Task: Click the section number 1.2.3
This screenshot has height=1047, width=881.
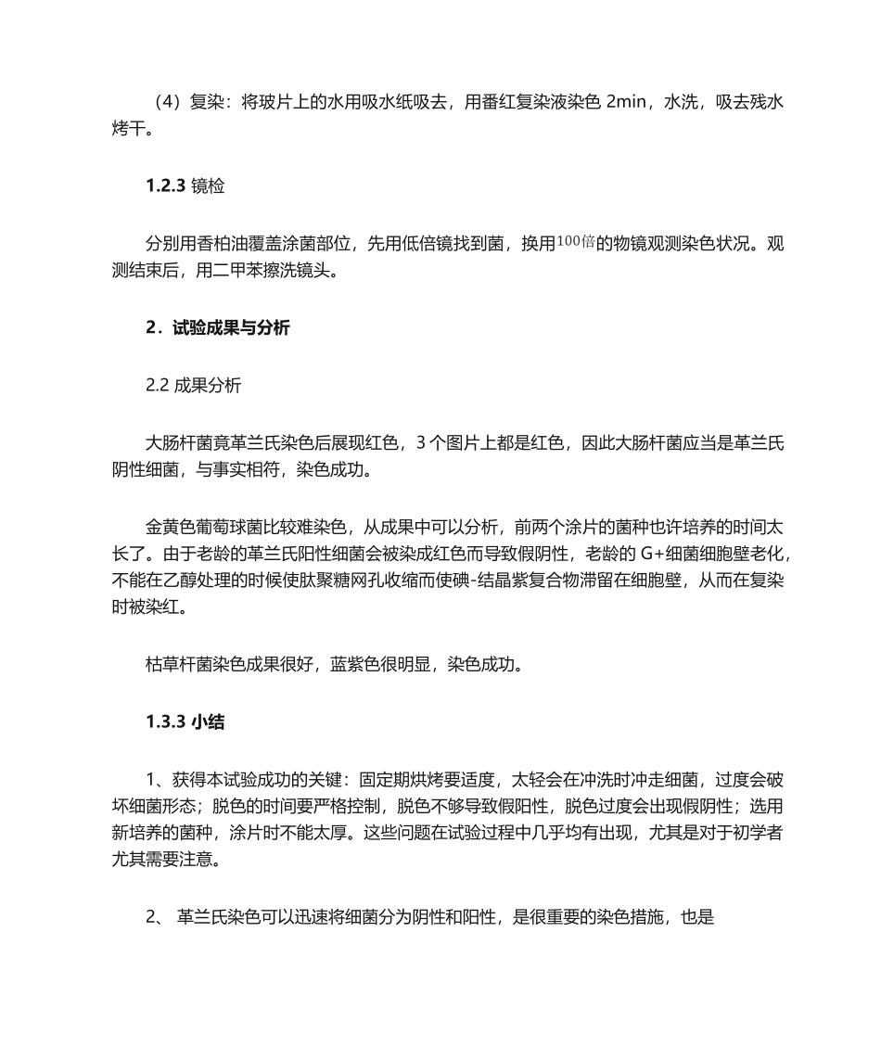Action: point(166,186)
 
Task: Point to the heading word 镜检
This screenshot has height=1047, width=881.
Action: point(208,186)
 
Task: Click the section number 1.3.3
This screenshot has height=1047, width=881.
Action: point(166,722)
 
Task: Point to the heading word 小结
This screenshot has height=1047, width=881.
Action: point(208,722)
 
